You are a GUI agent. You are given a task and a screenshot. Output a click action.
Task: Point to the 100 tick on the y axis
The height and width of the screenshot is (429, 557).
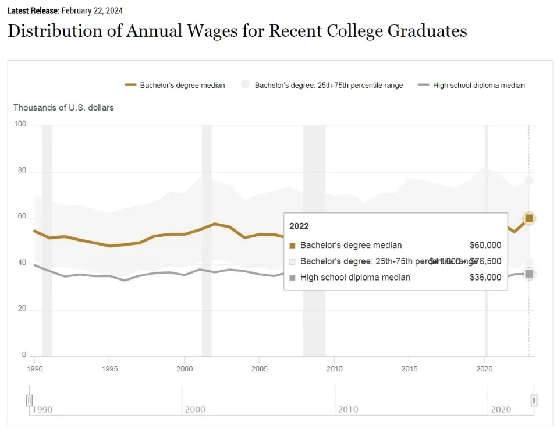[20, 124]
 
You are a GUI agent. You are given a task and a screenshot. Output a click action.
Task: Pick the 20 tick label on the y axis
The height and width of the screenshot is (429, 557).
[22, 309]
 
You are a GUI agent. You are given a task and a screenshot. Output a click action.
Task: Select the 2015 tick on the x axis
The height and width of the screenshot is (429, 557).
[409, 368]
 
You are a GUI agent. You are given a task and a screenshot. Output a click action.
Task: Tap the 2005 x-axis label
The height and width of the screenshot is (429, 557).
[259, 368]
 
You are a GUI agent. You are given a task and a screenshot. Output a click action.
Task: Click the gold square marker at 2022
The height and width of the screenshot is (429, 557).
[529, 218]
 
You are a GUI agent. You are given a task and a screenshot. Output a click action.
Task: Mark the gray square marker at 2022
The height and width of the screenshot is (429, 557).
[529, 274]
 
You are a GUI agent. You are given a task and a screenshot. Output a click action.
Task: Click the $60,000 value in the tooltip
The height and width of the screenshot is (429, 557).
[485, 245]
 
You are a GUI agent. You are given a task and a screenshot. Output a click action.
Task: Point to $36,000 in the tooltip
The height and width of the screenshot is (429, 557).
[485, 278]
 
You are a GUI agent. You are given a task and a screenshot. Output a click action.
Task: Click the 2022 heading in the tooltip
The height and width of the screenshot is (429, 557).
[299, 226]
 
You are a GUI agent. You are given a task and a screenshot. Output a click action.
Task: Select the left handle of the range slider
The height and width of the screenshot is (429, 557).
[29, 400]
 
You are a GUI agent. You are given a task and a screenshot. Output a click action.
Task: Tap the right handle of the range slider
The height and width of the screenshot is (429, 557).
[534, 400]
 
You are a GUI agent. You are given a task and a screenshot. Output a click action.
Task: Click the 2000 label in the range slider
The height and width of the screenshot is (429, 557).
[195, 410]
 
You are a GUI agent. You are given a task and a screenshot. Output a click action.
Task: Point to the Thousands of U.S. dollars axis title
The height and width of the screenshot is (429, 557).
[63, 108]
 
